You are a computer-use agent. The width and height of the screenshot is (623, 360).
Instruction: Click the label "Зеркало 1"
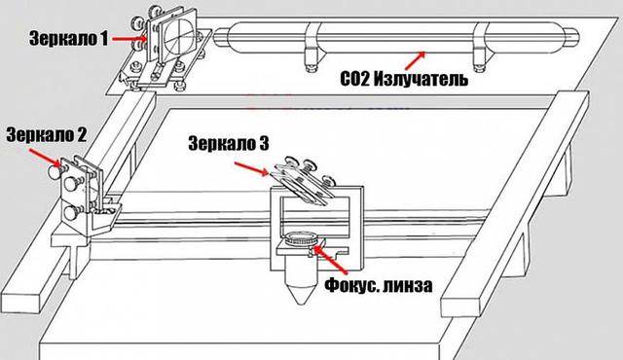(68, 39)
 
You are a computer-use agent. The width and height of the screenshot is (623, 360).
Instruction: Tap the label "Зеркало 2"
(46, 135)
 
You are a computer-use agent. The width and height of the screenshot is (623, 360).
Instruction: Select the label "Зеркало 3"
(229, 143)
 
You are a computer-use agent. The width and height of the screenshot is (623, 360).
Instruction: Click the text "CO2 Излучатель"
(404, 79)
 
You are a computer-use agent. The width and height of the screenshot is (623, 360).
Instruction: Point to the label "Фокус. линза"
(379, 284)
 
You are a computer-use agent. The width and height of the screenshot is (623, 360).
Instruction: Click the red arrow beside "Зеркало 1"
(129, 39)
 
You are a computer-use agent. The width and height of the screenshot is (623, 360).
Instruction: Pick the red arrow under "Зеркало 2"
(46, 158)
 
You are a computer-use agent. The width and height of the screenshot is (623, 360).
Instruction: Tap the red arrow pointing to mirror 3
(252, 168)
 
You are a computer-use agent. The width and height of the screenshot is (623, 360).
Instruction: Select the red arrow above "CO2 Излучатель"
(416, 60)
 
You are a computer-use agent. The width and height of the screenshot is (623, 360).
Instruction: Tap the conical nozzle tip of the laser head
(301, 294)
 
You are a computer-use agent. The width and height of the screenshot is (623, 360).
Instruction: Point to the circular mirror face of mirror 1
(178, 34)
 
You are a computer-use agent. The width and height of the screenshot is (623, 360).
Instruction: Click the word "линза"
(407, 286)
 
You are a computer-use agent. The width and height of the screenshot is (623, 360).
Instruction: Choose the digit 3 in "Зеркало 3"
(264, 143)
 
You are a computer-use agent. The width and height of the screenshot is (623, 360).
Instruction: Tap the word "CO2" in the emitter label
(355, 79)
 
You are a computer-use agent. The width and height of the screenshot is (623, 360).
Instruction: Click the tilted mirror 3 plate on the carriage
(301, 185)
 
